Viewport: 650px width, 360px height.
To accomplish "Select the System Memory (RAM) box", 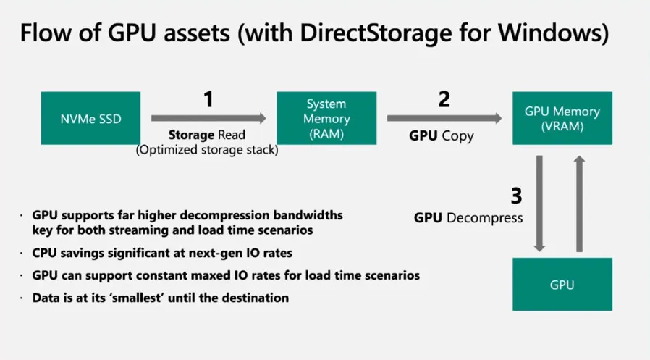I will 327,118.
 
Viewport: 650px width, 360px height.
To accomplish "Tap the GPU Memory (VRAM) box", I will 562,118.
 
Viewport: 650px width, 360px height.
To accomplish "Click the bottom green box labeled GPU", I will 562,285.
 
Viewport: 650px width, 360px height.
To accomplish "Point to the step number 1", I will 208,99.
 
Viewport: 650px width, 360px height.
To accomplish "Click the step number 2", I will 444,99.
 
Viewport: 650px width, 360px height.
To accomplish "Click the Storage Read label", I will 207,135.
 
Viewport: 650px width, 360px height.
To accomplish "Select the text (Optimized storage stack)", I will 207,150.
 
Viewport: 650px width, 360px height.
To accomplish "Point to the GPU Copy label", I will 442,135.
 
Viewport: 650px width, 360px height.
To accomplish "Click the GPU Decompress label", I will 468,217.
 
